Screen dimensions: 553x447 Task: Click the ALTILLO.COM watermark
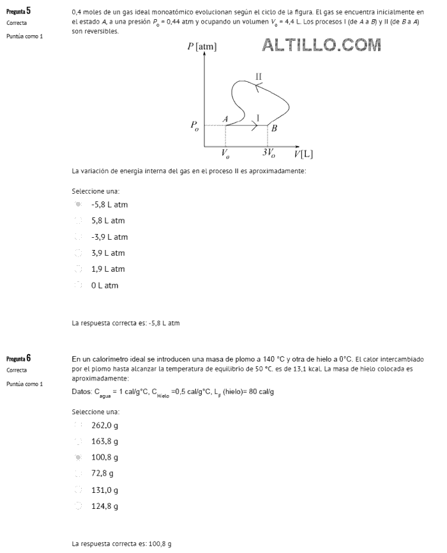pos(321,45)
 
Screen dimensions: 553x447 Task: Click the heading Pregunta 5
pos(19,11)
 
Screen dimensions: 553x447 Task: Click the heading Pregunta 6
pos(19,358)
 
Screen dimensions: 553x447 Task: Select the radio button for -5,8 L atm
pos(78,205)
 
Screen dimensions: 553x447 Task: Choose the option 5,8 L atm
pos(78,221)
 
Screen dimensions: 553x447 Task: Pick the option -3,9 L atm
pos(78,237)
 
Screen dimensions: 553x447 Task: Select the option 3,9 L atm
pos(78,253)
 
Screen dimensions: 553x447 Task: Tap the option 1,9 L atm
pos(78,269)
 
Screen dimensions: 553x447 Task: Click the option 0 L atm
pos(78,286)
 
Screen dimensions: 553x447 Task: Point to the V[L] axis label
pos(303,154)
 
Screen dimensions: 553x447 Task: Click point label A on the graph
pos(225,118)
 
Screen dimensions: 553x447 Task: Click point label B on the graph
pos(274,128)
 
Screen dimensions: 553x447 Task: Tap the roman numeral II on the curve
pos(258,77)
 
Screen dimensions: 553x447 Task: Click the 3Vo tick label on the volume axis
pos(269,153)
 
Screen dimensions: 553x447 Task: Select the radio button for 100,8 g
pos(78,458)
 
